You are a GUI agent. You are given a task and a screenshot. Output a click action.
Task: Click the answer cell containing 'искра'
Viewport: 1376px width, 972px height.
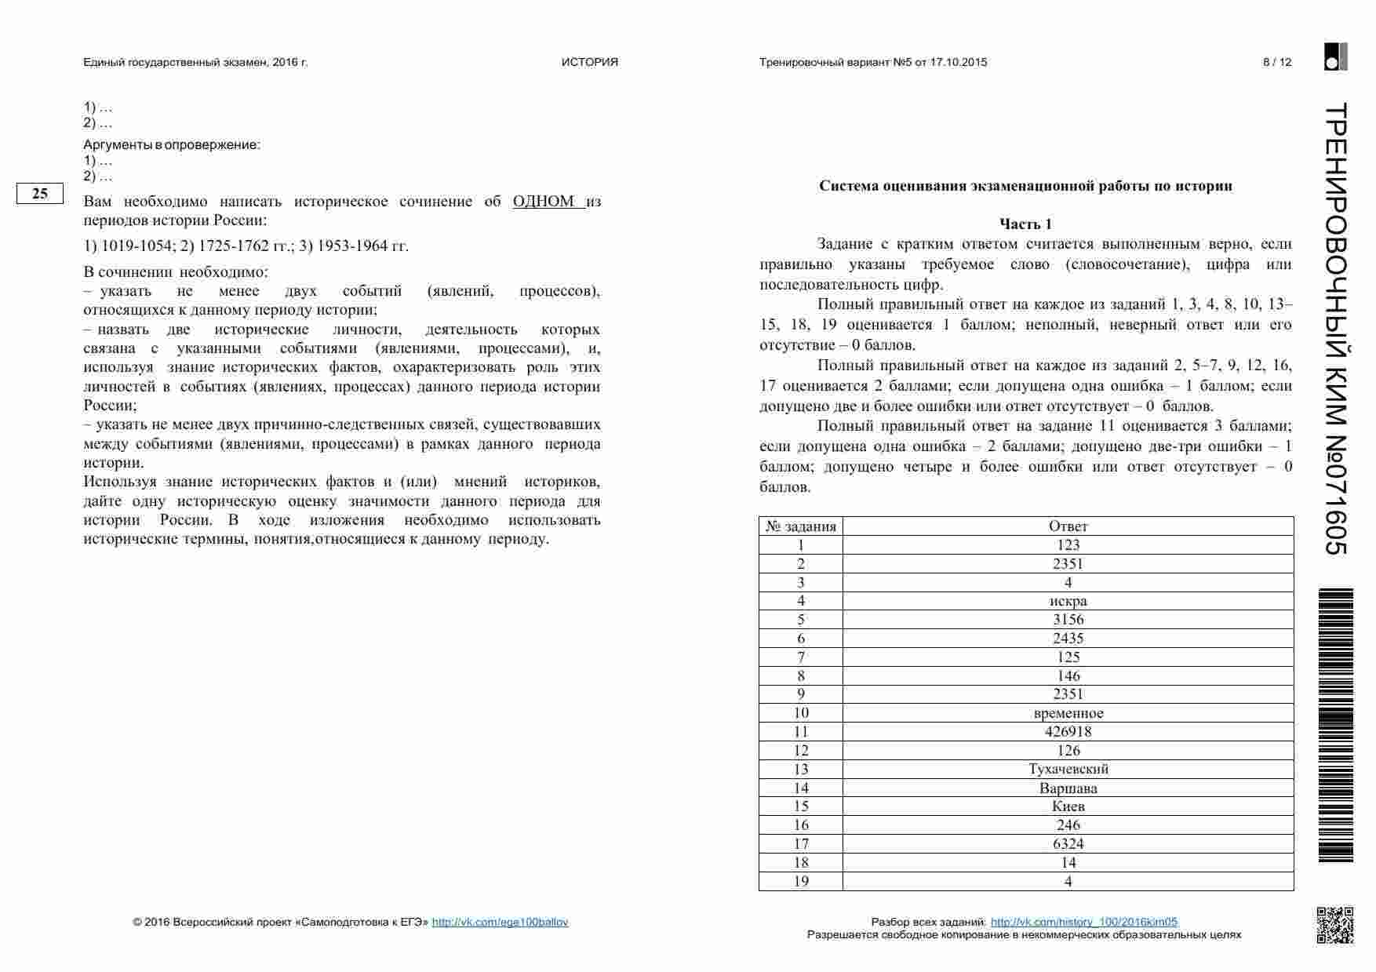pos(1068,601)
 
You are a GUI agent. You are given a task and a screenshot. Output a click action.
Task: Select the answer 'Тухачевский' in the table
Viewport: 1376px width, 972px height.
pos(1068,769)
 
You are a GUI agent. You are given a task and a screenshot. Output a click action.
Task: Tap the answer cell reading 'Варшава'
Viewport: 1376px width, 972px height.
pos(1068,788)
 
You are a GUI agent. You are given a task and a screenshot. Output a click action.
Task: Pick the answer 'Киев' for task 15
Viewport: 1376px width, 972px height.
pos(1068,806)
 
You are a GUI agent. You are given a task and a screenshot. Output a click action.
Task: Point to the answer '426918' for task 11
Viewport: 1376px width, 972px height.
pos(1068,732)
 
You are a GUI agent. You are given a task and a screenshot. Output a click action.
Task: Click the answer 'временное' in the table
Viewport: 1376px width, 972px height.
pos(1068,713)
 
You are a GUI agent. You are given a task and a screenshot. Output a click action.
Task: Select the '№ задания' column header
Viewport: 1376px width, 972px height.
pos(801,526)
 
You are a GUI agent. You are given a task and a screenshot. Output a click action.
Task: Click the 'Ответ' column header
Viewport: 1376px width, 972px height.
pos(1068,526)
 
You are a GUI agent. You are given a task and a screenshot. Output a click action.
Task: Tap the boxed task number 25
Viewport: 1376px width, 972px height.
pos(40,194)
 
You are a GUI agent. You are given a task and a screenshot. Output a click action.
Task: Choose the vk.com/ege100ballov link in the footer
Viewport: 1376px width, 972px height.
pos(500,923)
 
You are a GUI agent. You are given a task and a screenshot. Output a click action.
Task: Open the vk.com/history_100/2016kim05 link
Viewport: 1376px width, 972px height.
pos(1083,923)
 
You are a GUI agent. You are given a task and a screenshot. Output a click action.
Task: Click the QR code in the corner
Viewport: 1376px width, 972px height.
pos(1334,925)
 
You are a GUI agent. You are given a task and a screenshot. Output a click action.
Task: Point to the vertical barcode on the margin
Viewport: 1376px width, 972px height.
pos(1335,726)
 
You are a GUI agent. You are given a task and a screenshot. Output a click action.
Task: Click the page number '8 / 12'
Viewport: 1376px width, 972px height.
pos(1276,63)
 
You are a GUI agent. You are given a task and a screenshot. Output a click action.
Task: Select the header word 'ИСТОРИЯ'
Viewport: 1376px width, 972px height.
pos(589,63)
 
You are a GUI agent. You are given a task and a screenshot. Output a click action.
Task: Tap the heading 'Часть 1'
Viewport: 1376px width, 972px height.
pos(1025,224)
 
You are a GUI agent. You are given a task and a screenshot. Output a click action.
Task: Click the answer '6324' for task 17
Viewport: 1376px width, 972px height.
pos(1068,844)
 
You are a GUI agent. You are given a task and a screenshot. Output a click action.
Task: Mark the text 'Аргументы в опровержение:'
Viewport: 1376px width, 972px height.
pos(172,145)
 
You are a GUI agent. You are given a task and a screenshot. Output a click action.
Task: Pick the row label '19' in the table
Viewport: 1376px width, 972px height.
pos(801,882)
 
